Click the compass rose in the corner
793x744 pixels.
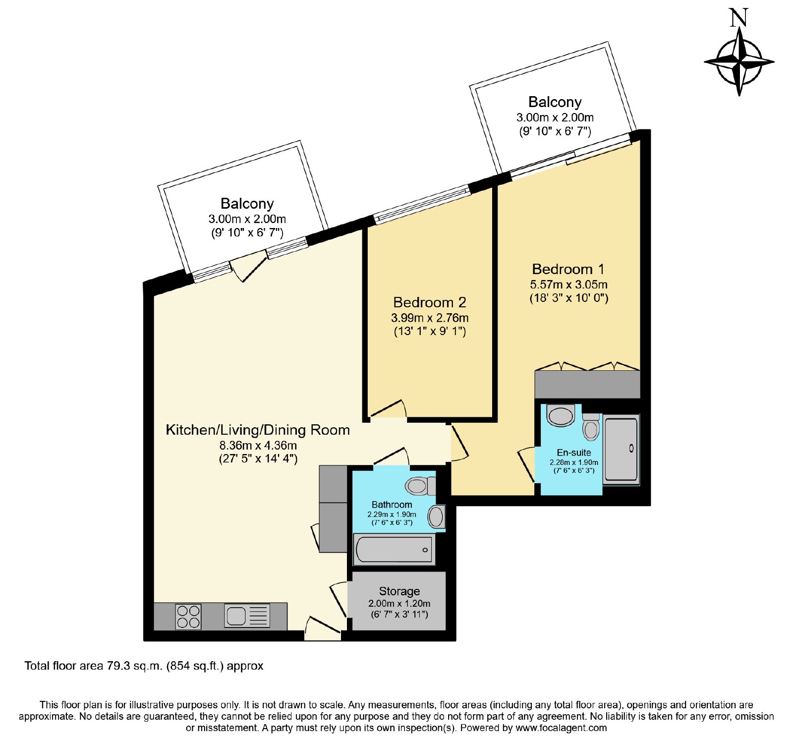(739, 62)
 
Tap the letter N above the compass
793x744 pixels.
(738, 18)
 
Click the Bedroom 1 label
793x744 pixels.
(568, 269)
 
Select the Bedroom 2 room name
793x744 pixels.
(430, 302)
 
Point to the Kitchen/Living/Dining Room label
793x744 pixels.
(258, 430)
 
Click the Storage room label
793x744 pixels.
(399, 591)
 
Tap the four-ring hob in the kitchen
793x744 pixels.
(188, 617)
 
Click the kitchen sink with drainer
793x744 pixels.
(247, 616)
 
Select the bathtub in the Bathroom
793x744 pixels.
(394, 549)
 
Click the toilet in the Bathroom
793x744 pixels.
(421, 486)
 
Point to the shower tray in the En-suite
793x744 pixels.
(621, 449)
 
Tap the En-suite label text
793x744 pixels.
(574, 452)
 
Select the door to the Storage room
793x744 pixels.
(339, 599)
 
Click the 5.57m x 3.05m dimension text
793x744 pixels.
(568, 285)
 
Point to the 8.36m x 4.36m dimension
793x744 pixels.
(258, 445)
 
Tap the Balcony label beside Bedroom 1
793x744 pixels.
(555, 102)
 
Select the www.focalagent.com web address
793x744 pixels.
(561, 728)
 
